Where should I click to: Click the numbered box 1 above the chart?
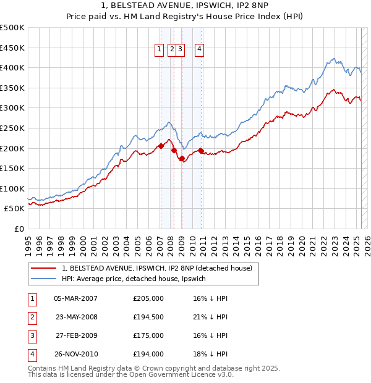(x=159, y=51)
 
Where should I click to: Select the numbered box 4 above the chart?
(x=200, y=51)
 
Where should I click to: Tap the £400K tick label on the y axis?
(x=12, y=67)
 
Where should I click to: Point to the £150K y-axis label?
(x=12, y=168)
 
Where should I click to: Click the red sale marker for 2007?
(x=161, y=146)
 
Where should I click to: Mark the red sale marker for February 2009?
(x=182, y=159)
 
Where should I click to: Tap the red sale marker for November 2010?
(x=201, y=150)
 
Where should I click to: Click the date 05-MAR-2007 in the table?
(x=75, y=298)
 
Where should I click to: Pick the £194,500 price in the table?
(x=148, y=317)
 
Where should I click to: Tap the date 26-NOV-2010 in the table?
(x=75, y=354)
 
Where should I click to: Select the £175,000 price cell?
(x=148, y=335)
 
